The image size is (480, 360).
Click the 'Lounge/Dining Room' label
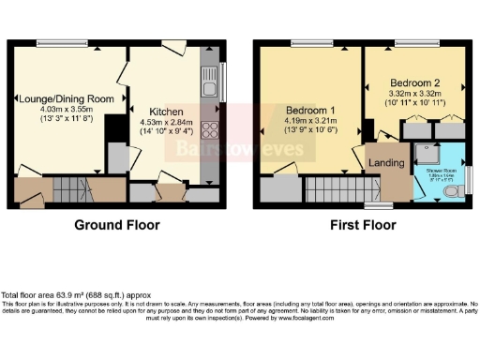(x=65, y=98)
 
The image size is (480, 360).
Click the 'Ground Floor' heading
(x=117, y=225)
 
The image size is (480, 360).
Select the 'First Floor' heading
(x=363, y=225)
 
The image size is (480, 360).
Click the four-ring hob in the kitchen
(x=208, y=132)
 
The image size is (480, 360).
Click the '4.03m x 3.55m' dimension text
(x=65, y=110)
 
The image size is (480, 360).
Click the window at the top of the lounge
(x=57, y=41)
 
